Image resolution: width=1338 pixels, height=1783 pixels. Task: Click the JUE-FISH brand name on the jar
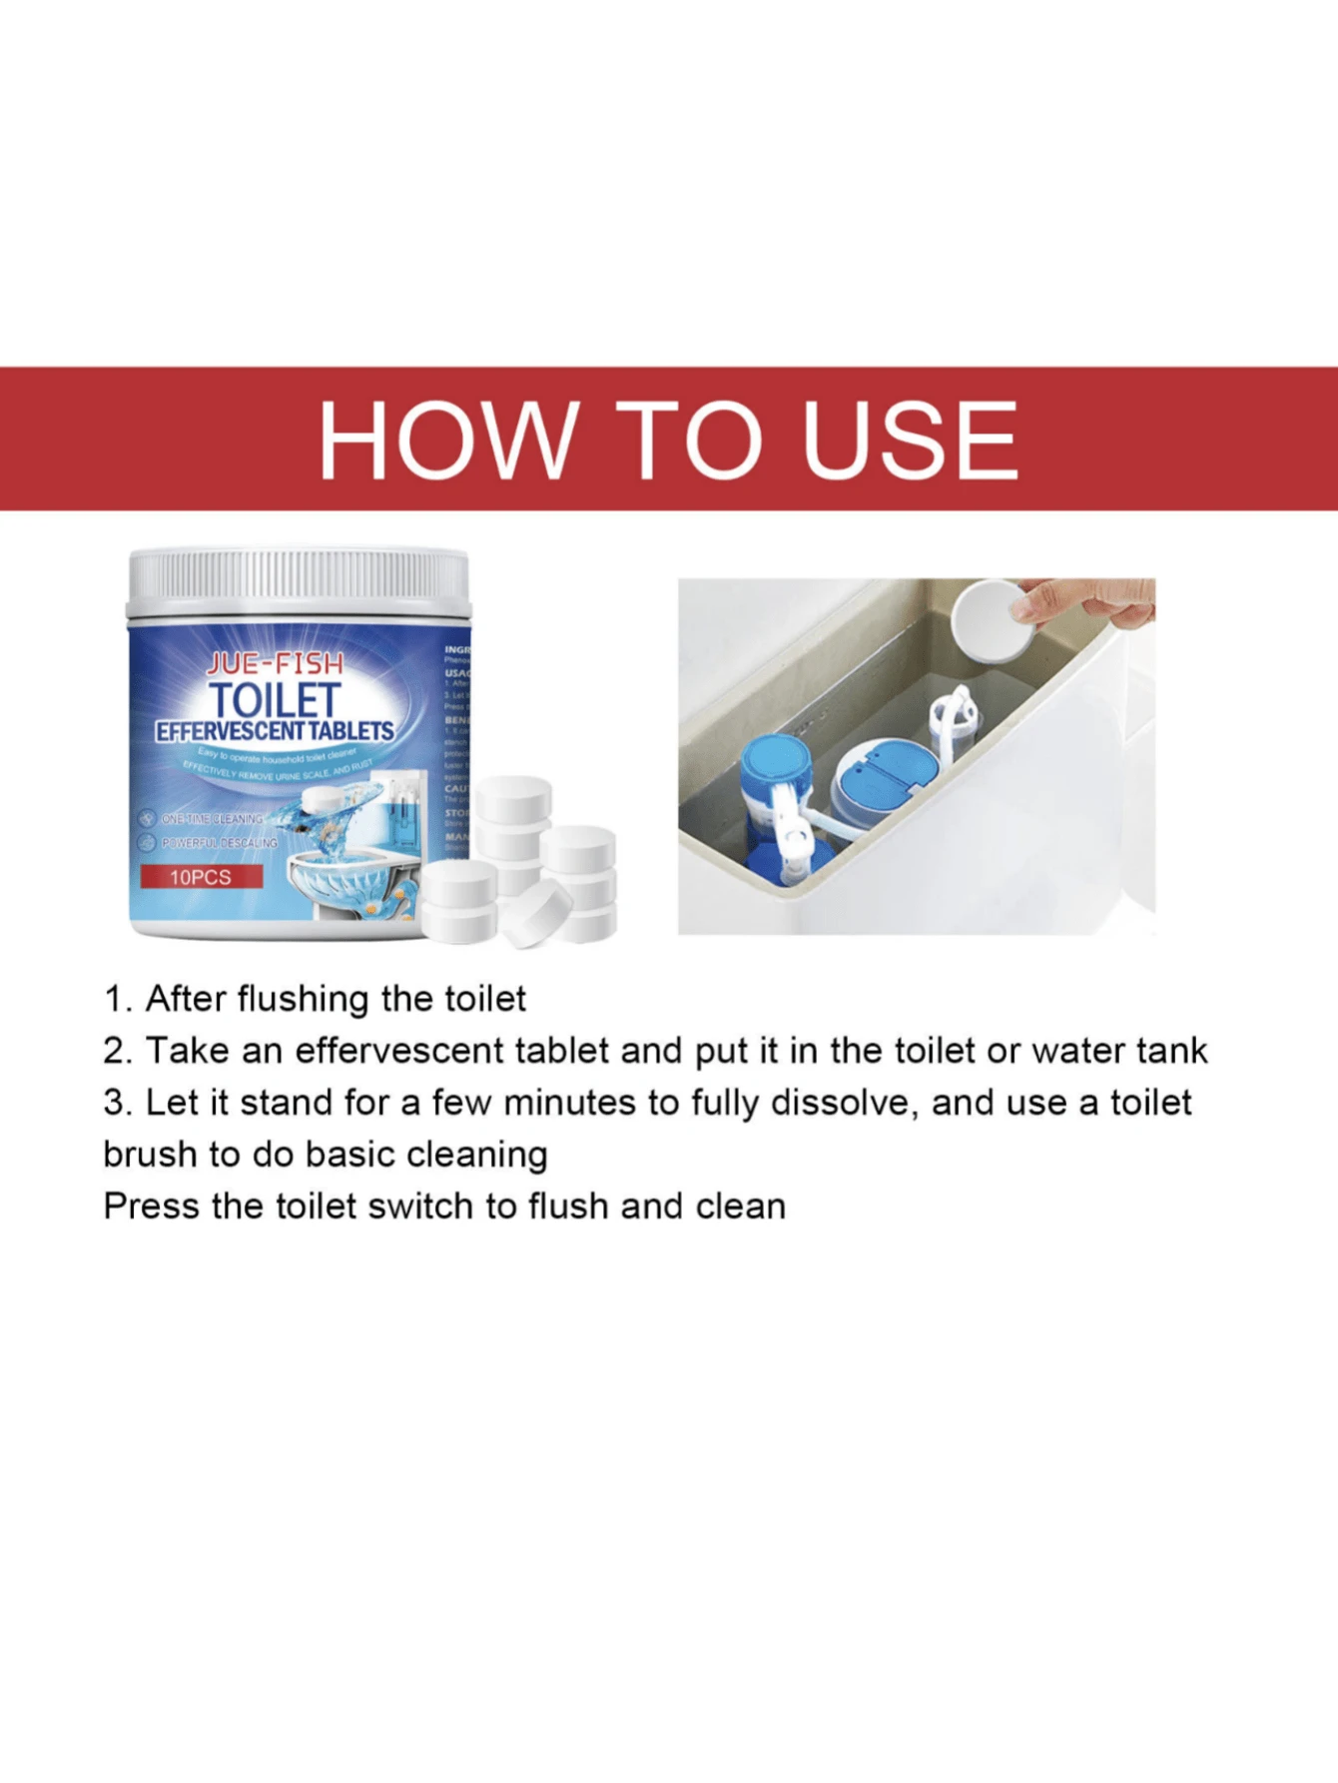pyautogui.click(x=274, y=663)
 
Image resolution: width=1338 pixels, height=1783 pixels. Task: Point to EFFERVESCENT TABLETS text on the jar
pyautogui.click(x=275, y=731)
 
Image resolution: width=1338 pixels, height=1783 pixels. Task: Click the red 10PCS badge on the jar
pyautogui.click(x=201, y=877)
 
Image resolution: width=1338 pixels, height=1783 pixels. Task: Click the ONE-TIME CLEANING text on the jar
pyautogui.click(x=212, y=818)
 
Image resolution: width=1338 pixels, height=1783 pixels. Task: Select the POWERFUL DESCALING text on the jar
pyautogui.click(x=219, y=843)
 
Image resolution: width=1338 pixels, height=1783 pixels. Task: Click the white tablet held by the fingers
pyautogui.click(x=990, y=621)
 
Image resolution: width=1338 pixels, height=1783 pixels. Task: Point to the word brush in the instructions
pyautogui.click(x=150, y=1155)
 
